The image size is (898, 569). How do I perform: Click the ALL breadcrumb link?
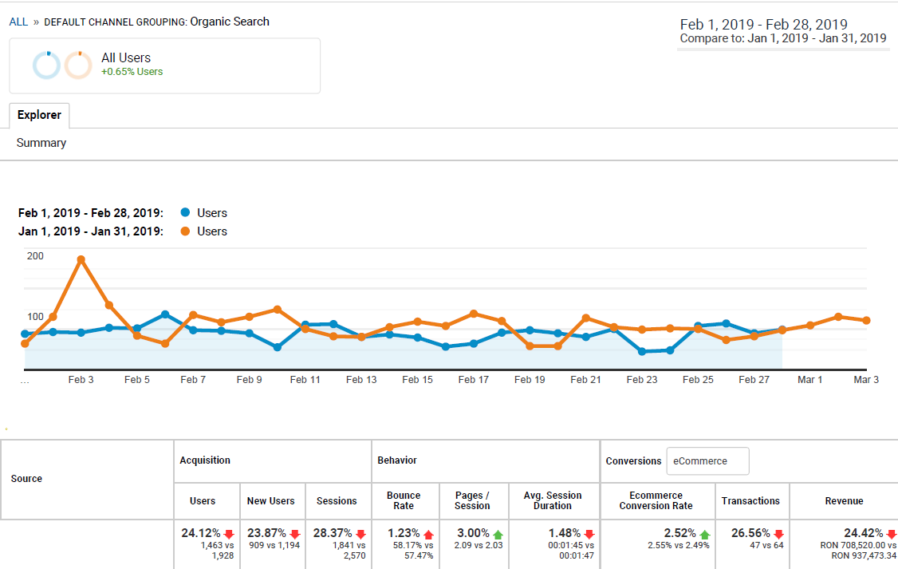click(18, 22)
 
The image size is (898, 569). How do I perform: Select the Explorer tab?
click(39, 115)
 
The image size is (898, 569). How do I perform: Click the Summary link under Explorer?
click(41, 143)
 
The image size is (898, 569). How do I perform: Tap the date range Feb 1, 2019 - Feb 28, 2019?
click(763, 24)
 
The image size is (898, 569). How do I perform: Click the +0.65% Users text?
click(132, 72)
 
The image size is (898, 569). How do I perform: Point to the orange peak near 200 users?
click(81, 259)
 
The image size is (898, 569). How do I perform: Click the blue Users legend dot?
click(186, 213)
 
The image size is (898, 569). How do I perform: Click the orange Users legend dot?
click(186, 231)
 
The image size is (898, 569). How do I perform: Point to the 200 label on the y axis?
click(35, 256)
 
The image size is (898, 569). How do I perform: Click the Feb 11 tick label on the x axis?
click(305, 380)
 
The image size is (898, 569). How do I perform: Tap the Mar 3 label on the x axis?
click(866, 380)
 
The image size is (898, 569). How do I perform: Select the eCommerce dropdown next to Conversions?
click(707, 460)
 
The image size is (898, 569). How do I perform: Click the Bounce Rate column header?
click(404, 500)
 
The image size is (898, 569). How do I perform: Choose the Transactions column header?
click(750, 501)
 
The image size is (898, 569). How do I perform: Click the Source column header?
click(26, 479)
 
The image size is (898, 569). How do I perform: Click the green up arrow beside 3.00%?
click(499, 534)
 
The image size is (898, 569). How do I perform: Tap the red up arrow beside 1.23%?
click(428, 534)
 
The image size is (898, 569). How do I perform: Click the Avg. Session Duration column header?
click(553, 500)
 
